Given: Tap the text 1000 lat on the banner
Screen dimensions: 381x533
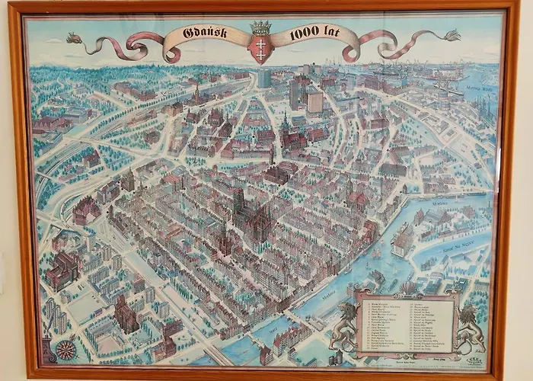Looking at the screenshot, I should pos(313,35).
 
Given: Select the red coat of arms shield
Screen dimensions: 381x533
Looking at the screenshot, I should pos(260,48).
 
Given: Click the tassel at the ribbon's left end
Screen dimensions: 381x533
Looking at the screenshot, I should pos(74,37).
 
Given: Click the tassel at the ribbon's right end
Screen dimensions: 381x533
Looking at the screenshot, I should pos(452,35).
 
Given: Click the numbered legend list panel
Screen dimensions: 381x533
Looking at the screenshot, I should pos(407,323).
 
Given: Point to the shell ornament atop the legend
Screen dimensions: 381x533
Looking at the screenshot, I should pos(407,287).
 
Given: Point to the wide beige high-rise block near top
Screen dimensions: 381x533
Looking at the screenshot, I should pos(314,101).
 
